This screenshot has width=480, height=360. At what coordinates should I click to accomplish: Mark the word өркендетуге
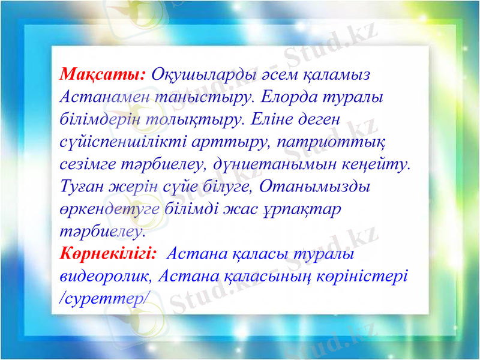[110, 209]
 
